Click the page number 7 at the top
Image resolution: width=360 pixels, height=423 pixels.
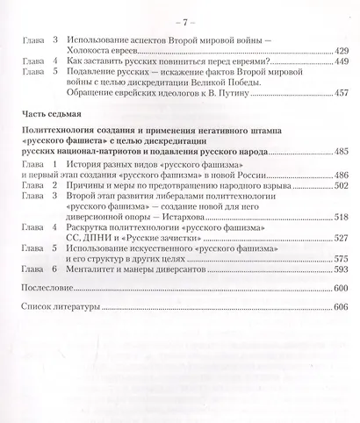pos(180,19)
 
